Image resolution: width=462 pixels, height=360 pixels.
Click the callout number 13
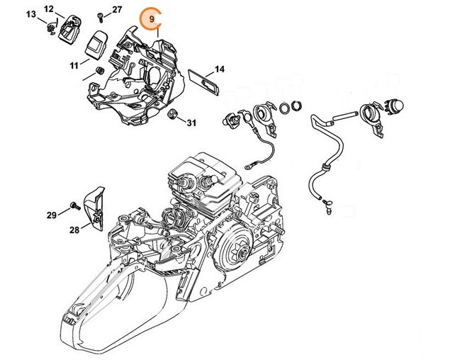click(31, 14)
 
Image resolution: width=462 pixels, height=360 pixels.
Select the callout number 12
click(49, 9)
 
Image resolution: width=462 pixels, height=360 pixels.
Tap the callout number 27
click(117, 10)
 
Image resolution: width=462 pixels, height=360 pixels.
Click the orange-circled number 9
click(152, 19)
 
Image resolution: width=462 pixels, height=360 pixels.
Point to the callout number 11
click(74, 65)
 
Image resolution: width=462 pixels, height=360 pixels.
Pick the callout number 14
click(220, 69)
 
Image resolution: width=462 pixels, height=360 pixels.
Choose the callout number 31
click(191, 123)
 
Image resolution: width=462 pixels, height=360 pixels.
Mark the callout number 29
click(52, 215)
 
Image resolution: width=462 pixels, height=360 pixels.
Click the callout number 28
click(74, 230)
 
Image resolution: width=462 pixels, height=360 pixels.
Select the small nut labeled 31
click(171, 113)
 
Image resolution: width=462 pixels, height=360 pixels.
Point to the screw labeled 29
click(75, 206)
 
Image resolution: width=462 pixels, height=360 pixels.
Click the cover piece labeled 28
click(94, 208)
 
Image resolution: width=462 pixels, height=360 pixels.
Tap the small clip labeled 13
click(52, 28)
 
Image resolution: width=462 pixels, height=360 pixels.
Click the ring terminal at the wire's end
click(248, 167)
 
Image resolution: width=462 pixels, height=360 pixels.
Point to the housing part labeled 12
click(70, 28)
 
